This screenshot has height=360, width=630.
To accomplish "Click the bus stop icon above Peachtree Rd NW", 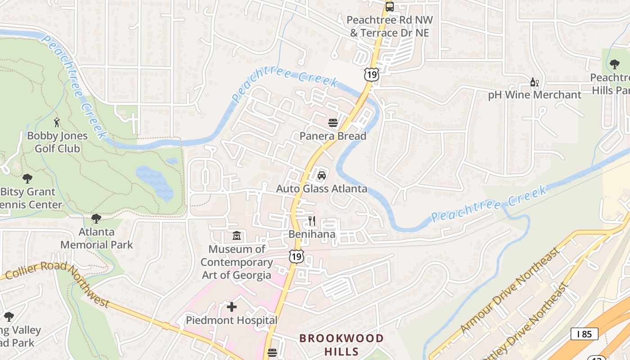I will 389,7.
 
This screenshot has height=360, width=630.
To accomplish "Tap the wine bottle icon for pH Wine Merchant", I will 535,82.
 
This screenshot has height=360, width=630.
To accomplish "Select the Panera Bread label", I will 333,136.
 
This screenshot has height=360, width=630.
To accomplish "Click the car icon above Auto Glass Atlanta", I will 322,175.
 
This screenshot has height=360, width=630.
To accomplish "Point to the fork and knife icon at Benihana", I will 312,221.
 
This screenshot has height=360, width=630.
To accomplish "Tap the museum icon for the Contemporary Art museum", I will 237,235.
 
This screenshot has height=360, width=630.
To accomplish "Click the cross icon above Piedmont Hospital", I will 232,307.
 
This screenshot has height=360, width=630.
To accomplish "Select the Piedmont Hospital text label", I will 232,320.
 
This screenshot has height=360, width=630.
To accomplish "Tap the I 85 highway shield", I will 584,333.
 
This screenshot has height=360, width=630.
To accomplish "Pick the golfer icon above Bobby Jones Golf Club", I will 57,122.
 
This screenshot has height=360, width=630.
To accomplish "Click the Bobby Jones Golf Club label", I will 57,142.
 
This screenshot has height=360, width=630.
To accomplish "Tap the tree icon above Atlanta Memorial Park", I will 96,219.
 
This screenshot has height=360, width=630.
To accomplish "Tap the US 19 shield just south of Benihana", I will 296,256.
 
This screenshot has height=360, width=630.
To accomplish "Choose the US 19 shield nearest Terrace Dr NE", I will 372,74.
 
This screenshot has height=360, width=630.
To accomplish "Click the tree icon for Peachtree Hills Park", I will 614,64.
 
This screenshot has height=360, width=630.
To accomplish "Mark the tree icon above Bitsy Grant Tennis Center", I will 27,179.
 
